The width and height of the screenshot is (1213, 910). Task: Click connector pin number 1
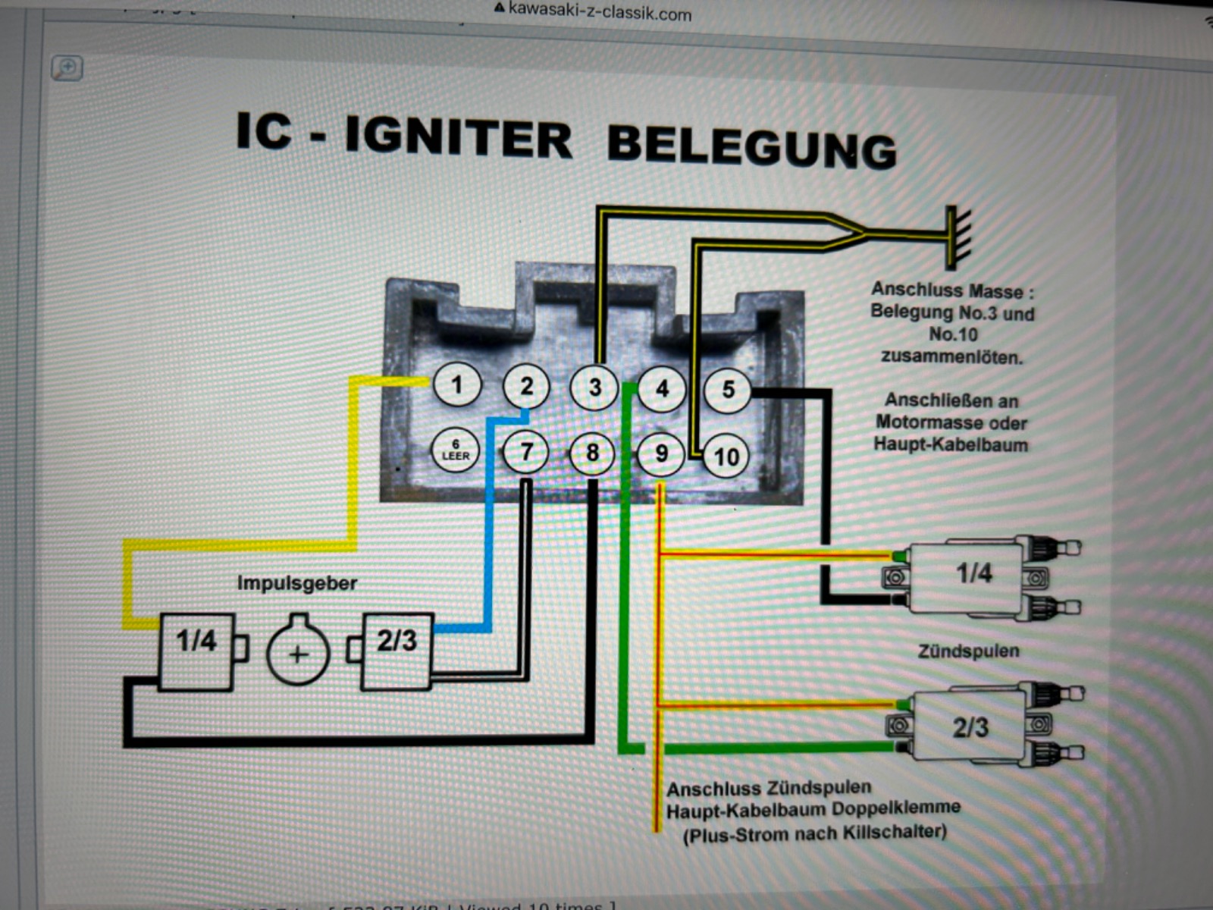(457, 385)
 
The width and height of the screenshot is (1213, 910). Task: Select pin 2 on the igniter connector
(526, 386)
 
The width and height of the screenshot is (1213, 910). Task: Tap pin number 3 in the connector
(595, 388)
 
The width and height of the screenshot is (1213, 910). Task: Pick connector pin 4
(662, 389)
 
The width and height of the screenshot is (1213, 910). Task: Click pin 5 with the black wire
(728, 390)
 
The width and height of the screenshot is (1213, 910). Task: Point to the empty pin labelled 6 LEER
(456, 450)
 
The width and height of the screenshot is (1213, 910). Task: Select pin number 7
(526, 452)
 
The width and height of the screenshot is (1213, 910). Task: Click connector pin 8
(592, 453)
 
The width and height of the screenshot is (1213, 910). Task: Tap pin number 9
(661, 454)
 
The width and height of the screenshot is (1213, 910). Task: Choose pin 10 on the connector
(726, 457)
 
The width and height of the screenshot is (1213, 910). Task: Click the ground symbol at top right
(957, 237)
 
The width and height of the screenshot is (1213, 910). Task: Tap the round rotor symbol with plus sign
(298, 652)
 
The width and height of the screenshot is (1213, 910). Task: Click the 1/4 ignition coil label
(973, 573)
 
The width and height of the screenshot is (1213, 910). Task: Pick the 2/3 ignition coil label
(970, 728)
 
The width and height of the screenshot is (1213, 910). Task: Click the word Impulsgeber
(296, 583)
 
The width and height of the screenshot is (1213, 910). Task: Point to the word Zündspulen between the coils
(968, 651)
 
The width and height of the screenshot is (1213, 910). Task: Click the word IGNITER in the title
(458, 138)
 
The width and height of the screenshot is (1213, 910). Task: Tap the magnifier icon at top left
(67, 68)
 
